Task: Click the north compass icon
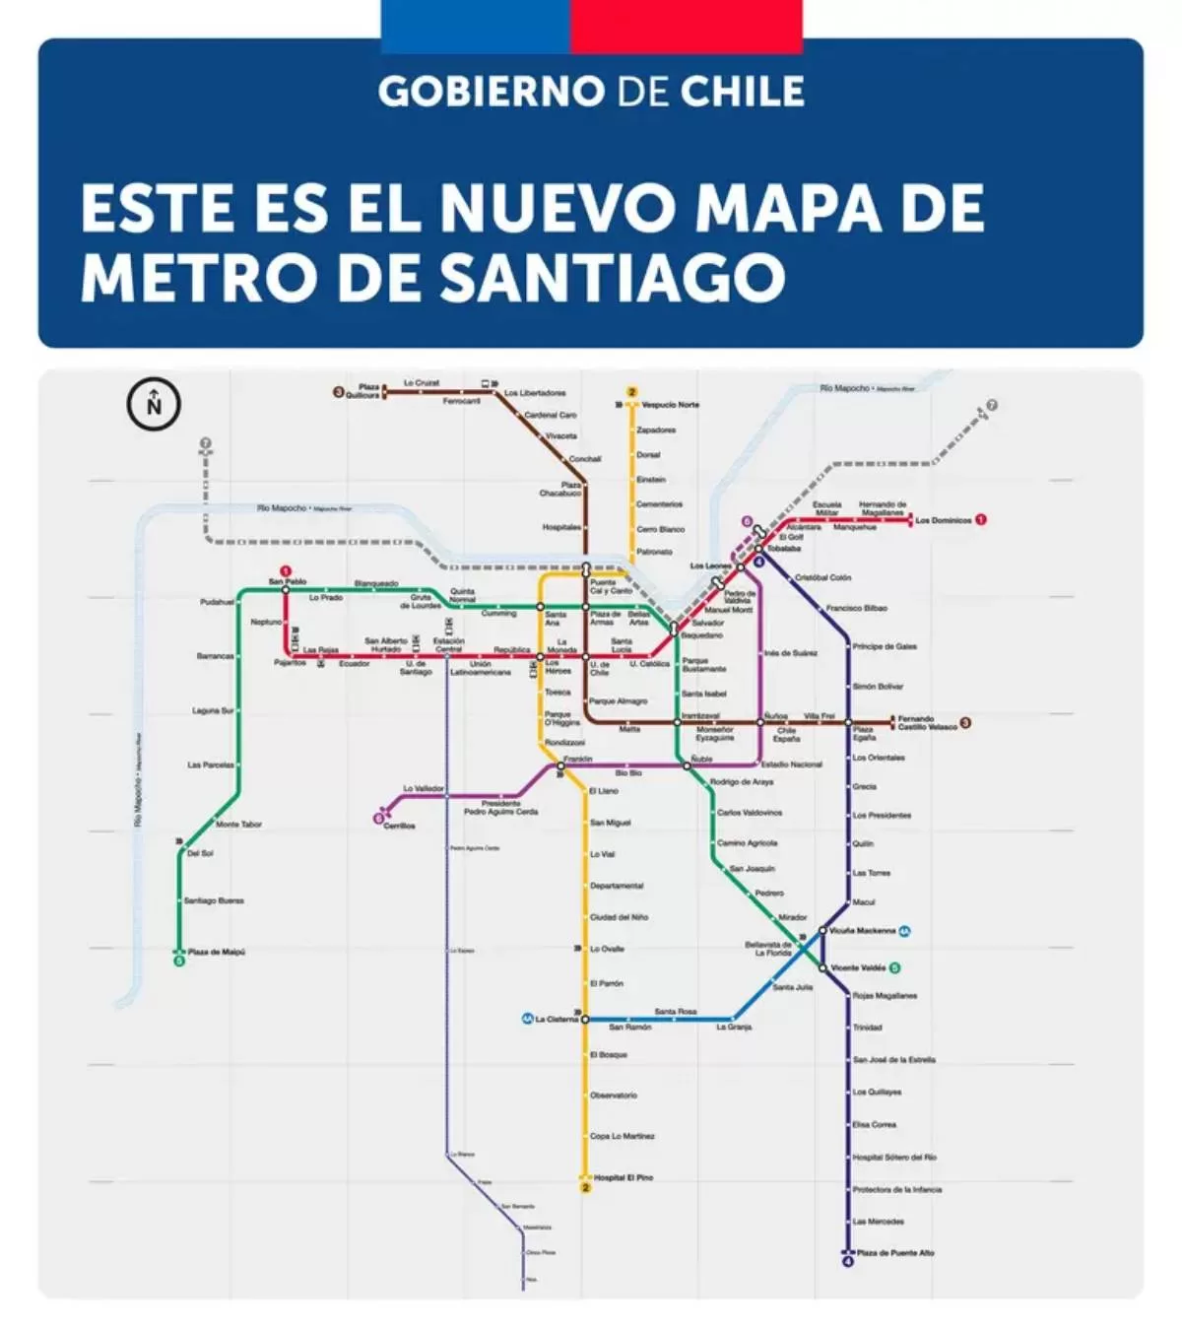(154, 404)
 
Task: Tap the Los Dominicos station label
(943, 520)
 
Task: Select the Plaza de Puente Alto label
(895, 1253)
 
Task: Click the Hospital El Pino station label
(623, 1177)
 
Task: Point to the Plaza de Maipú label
(216, 952)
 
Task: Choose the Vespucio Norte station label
(670, 405)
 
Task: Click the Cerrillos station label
(399, 826)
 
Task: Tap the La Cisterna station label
(557, 1019)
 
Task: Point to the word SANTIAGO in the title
(612, 278)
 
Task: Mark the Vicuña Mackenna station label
(862, 930)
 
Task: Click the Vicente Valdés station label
(858, 967)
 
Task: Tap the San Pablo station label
(288, 582)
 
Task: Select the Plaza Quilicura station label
(368, 391)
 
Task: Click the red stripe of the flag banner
(686, 26)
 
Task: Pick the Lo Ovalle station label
(607, 949)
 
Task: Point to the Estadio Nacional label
(791, 765)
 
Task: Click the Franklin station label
(578, 760)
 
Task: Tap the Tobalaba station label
(784, 549)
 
